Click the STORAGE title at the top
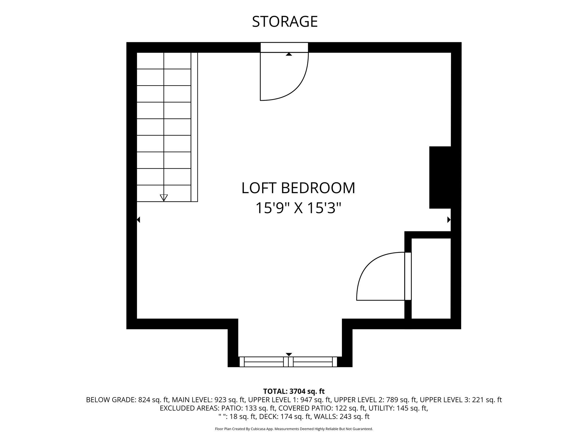[x=285, y=22]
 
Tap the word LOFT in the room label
[x=259, y=188]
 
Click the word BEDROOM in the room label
[x=318, y=188]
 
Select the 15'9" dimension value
[x=272, y=208]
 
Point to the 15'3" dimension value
[x=324, y=208]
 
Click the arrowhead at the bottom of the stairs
[x=164, y=198]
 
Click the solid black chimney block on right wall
[x=440, y=177]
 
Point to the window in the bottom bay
[x=288, y=362]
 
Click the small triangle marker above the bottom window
[x=289, y=355]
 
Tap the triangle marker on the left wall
[x=138, y=220]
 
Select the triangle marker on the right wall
[x=449, y=220]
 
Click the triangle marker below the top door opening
[x=289, y=54]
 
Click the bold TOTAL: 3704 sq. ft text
[x=294, y=391]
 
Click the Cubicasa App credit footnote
[x=294, y=429]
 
